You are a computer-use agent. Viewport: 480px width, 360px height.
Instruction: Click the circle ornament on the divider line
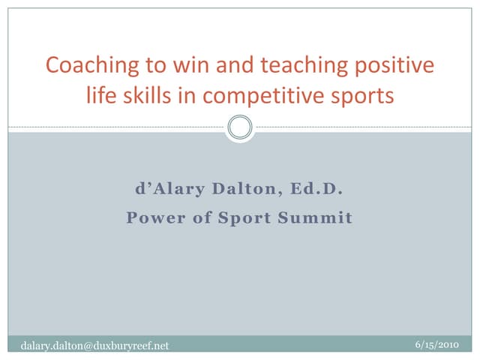(x=240, y=127)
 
